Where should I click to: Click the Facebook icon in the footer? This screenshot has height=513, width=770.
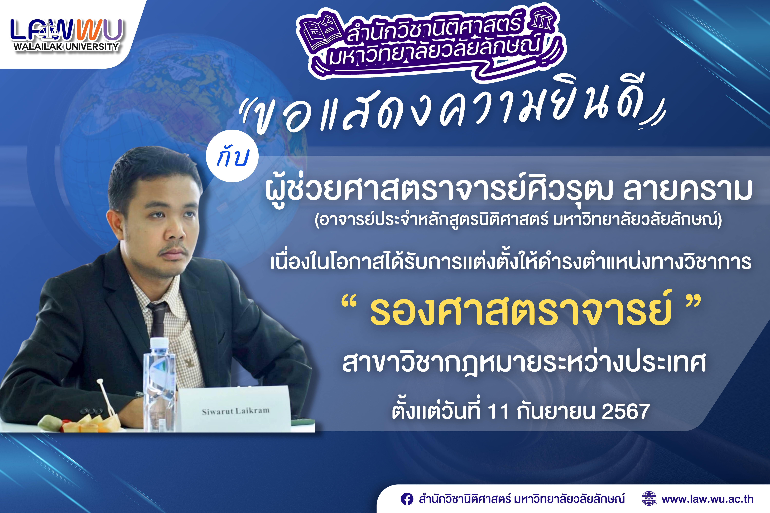tap(407, 499)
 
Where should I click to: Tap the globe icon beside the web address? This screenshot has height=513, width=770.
tap(649, 499)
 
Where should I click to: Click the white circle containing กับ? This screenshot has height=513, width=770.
tap(232, 156)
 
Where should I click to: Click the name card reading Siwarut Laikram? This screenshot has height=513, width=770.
tap(235, 411)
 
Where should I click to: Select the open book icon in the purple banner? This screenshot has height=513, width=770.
tap(319, 31)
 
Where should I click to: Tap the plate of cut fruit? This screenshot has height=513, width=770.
tap(82, 422)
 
